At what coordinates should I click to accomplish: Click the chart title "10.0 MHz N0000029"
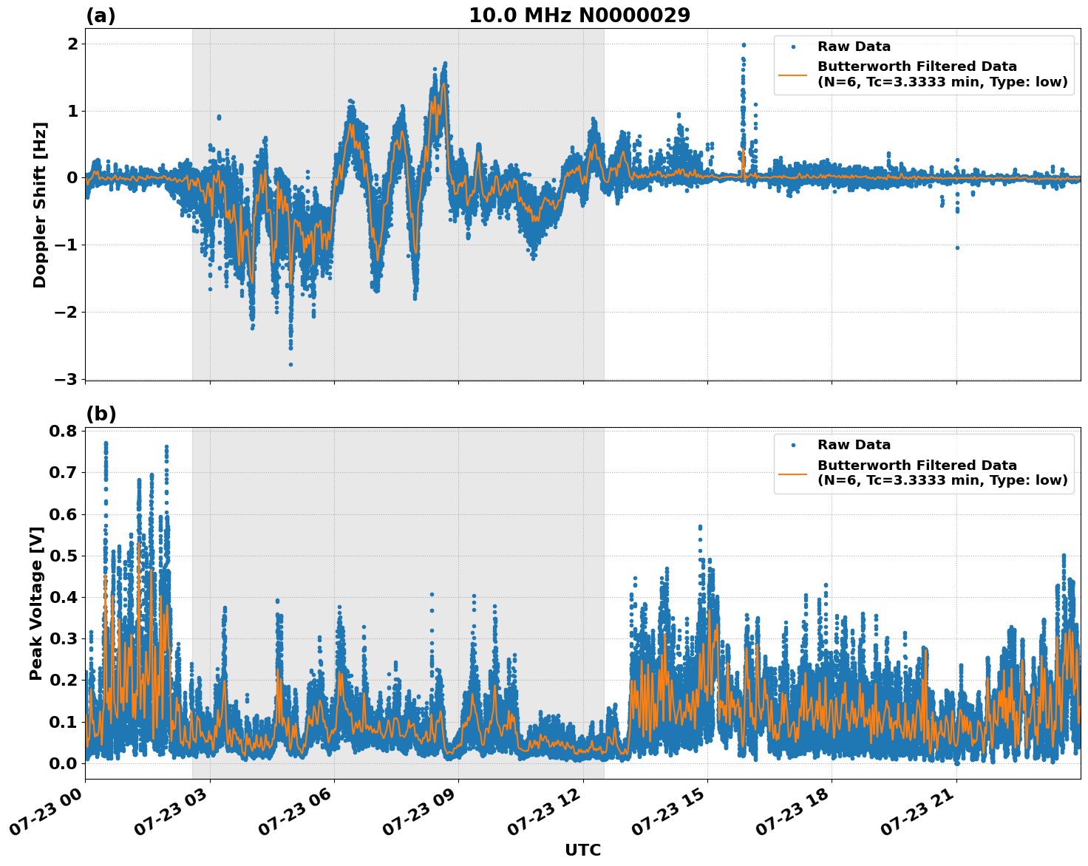[x=579, y=16]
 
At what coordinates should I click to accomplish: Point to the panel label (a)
[x=101, y=16]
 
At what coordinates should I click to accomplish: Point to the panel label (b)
[x=101, y=415]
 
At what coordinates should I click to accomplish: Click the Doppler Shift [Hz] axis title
[x=40, y=205]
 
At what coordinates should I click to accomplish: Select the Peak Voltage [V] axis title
[x=36, y=603]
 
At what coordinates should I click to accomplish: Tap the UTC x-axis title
[x=582, y=850]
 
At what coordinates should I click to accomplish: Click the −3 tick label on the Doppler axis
[x=67, y=379]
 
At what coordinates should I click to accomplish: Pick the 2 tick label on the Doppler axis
[x=73, y=44]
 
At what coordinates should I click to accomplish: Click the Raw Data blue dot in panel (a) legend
[x=793, y=47]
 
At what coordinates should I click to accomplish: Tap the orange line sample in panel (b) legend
[x=793, y=473]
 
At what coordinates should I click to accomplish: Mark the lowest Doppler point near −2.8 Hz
[x=290, y=364]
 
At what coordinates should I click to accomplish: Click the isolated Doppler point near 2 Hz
[x=744, y=45]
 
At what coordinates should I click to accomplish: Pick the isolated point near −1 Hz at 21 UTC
[x=957, y=248]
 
